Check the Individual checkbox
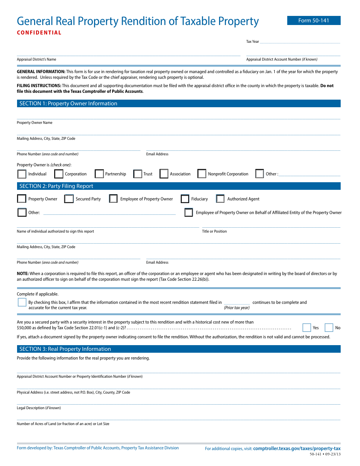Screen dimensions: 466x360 (x=22, y=174)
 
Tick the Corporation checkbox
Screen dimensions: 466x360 (x=59, y=174)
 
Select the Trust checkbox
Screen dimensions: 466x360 (x=138, y=174)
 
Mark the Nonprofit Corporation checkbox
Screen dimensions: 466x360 (x=202, y=174)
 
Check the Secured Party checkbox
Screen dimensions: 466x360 (x=69, y=199)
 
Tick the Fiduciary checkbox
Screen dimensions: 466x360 (x=185, y=199)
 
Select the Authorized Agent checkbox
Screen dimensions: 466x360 (x=220, y=199)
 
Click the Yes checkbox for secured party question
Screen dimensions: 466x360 (x=307, y=328)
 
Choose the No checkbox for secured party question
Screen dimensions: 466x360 (x=329, y=328)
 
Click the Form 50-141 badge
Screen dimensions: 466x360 (x=314, y=20)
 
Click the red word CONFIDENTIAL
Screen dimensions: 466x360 (x=39, y=33)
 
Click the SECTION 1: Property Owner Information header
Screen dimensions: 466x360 (x=68, y=103)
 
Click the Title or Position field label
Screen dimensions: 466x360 (x=214, y=231)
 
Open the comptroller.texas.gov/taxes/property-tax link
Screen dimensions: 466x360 (x=297, y=448)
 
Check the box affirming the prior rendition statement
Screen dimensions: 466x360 (x=22, y=302)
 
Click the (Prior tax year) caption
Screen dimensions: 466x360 (x=236, y=308)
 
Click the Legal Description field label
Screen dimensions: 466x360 (x=39, y=408)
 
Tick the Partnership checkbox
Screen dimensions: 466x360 (x=99, y=174)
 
